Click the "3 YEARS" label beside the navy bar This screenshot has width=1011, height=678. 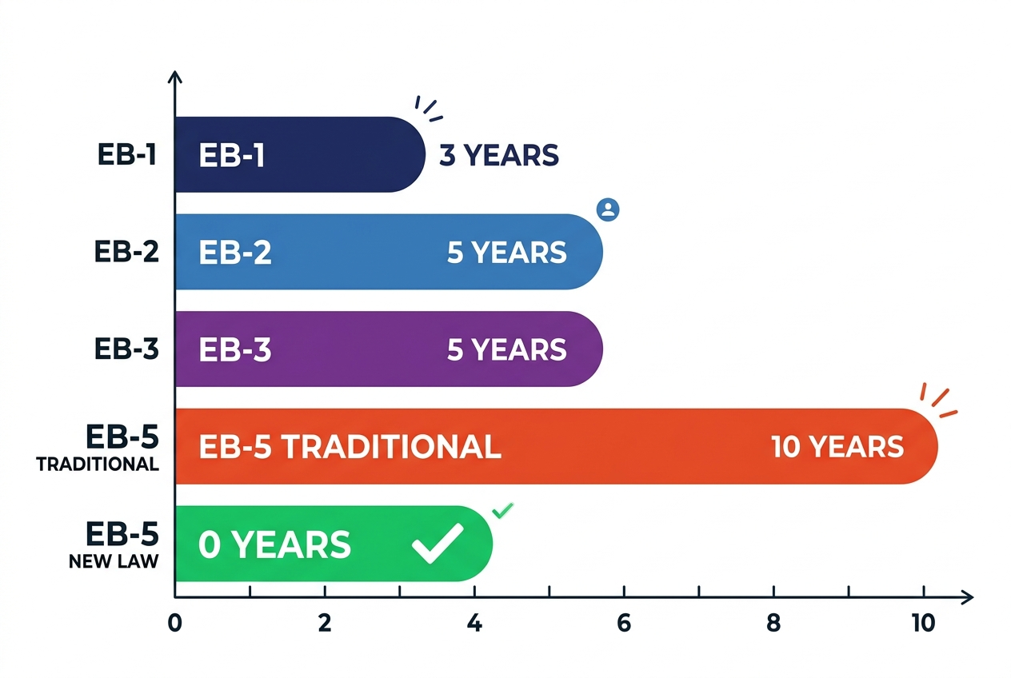499,155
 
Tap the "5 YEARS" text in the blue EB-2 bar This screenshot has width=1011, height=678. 506,252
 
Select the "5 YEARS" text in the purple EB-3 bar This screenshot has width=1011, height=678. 506,349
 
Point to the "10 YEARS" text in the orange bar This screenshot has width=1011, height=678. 837,447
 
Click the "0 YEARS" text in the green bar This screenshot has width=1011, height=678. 274,544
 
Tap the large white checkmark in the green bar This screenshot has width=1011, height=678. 438,543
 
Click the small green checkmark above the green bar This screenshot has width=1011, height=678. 502,510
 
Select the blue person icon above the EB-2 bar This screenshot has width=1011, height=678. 608,209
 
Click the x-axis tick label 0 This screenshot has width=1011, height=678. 174,623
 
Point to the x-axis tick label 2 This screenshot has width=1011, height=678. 325,623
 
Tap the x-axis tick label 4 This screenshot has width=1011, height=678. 474,623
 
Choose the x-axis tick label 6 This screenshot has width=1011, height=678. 624,623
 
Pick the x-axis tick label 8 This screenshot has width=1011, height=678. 773,623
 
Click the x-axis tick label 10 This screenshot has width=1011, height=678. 923,623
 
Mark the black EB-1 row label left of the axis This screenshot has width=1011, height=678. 127,154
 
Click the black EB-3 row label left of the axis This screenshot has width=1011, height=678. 126,349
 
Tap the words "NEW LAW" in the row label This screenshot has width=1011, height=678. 114,561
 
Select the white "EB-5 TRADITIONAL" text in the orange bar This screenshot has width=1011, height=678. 350,447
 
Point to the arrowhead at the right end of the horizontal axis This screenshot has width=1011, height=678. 968,597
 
